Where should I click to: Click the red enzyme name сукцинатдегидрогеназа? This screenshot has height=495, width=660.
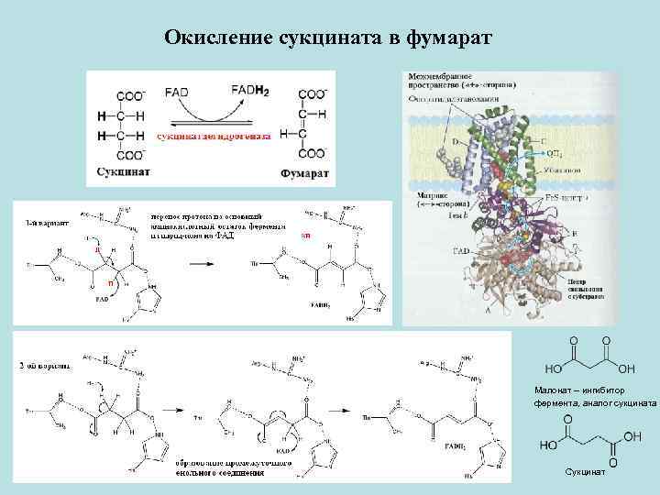(213, 137)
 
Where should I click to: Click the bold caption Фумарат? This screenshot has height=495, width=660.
(305, 171)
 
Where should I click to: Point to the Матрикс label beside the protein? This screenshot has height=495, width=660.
(429, 194)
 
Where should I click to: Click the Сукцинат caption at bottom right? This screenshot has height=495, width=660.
(585, 472)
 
